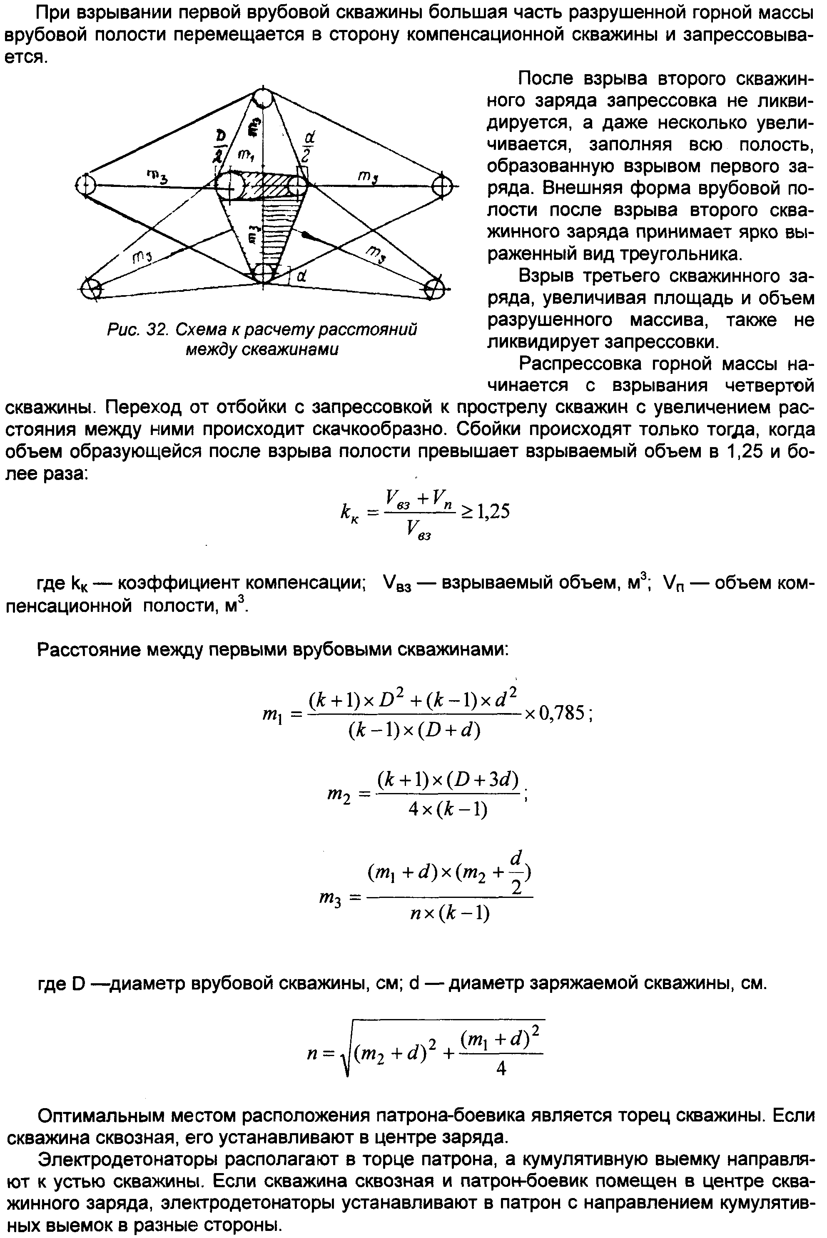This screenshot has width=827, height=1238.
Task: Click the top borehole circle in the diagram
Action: click(x=262, y=98)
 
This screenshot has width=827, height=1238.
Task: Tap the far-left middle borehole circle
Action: click(x=85, y=185)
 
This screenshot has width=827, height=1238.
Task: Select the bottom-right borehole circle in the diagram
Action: click(x=435, y=289)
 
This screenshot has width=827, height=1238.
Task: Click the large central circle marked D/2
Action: click(x=230, y=186)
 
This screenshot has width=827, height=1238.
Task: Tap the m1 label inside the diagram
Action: click(x=244, y=154)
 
